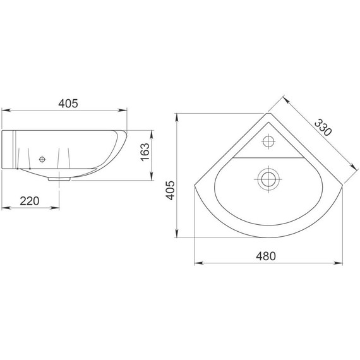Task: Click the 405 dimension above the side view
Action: click(68, 104)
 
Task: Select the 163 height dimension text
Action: click(145, 152)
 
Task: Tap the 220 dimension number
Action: click(30, 201)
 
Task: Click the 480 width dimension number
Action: click(266, 256)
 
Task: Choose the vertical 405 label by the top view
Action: click(171, 191)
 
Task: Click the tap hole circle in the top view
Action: click(268, 141)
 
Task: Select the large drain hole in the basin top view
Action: click(268, 179)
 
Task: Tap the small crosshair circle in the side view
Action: click(42, 159)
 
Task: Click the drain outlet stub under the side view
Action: click(59, 179)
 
